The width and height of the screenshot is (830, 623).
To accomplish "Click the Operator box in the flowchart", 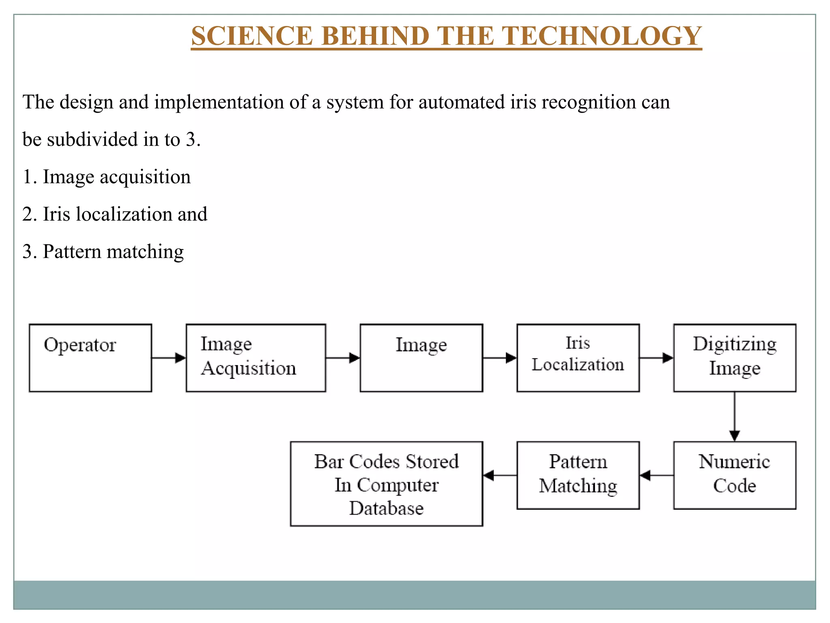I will coord(90,358).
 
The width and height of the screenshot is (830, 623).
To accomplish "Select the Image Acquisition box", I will coord(256,358).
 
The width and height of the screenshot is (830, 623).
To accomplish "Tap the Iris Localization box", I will coord(578,358).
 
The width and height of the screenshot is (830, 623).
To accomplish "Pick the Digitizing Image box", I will coord(734,358).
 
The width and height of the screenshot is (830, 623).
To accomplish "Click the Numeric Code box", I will coord(734,475).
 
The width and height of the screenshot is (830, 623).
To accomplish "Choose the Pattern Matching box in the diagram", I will coord(578,475).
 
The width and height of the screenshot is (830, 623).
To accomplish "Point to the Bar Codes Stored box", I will coord(386,484).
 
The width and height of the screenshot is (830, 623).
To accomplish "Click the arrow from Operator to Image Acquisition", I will coord(169,358).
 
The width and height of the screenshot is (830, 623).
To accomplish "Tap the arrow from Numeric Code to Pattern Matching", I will coord(657,475).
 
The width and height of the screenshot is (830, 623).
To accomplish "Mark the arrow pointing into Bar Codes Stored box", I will coord(500,475).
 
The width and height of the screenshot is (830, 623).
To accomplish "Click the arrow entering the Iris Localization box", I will coord(500,358).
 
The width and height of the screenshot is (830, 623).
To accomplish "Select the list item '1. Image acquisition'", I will coord(106,177).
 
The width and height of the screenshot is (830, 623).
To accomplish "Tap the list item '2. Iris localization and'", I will coord(115,214).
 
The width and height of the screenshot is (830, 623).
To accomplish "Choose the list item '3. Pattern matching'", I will coord(103,251).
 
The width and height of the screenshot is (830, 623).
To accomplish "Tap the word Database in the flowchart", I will coord(386,508).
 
